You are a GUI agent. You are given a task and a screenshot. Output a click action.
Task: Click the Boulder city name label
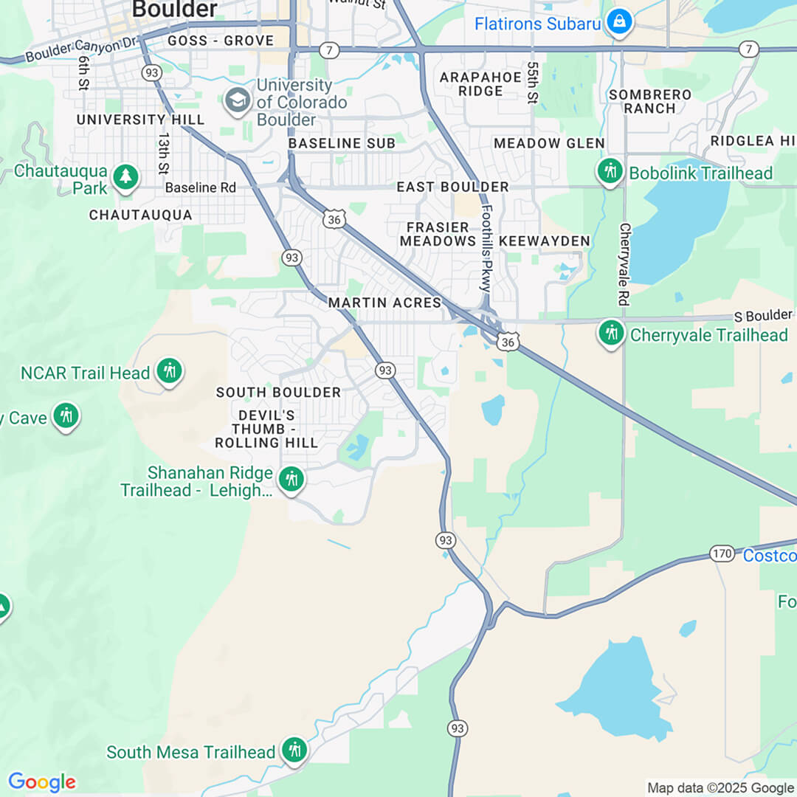pos(174,9)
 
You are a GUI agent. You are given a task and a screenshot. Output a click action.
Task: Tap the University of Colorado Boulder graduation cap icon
pos(238,100)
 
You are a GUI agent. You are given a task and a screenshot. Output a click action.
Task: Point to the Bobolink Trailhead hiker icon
pos(610,172)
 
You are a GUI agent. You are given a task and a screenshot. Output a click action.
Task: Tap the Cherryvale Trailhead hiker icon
pos(611,334)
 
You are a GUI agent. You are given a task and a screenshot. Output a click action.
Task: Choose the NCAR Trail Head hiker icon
pos(169,372)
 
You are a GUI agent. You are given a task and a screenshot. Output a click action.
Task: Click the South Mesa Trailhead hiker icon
pos(294,751)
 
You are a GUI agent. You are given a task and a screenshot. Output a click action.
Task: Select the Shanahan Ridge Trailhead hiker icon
pos(291,480)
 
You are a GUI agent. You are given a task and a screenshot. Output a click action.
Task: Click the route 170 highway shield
pos(721,553)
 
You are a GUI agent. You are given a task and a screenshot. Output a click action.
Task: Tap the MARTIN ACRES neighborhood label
pos(384,303)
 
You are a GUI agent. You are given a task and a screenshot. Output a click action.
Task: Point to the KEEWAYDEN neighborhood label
pos(545,241)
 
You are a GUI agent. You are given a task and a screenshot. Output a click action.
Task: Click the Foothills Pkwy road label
pos(486,241)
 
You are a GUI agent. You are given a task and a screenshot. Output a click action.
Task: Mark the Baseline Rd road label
pos(200,187)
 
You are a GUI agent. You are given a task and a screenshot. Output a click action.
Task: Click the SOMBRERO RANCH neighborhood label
pos(649,101)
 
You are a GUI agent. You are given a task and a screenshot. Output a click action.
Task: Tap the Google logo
pos(42,782)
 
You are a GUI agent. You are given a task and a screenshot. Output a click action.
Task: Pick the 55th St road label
pos(533,83)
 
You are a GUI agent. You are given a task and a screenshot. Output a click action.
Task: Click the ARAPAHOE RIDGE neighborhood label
pos(471,84)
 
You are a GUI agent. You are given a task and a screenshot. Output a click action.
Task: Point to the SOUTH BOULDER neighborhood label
pos(278,392)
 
